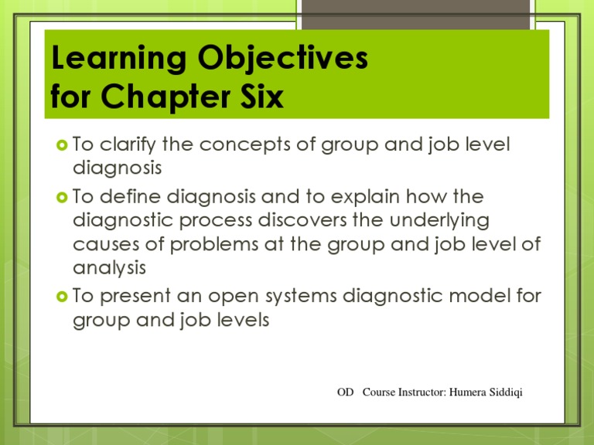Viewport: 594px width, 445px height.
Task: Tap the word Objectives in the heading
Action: pyautogui.click(x=282, y=59)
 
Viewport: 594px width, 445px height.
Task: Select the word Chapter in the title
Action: pyautogui.click(x=166, y=97)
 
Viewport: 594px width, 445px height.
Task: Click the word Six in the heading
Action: pyautogui.click(x=261, y=96)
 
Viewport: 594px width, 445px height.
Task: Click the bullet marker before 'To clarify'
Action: pyautogui.click(x=62, y=145)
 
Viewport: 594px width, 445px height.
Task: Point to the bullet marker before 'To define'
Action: pyautogui.click(x=62, y=197)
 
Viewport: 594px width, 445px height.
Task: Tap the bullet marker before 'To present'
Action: pyautogui.click(x=62, y=297)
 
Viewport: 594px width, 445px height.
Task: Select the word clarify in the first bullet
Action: pyautogui.click(x=128, y=145)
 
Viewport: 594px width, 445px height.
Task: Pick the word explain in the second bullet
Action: pyautogui.click(x=365, y=197)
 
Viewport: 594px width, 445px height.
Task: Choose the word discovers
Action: pyautogui.click(x=302, y=220)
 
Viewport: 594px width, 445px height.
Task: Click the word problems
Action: pyautogui.click(x=214, y=244)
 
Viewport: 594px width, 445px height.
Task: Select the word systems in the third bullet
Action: pyautogui.click(x=301, y=297)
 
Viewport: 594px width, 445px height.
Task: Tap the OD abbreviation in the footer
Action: pyautogui.click(x=345, y=392)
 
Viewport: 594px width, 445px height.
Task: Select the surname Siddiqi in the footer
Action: pyautogui.click(x=506, y=392)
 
